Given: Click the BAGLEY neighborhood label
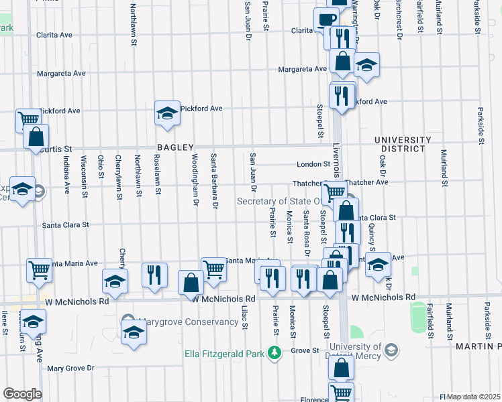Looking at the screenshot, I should [175, 147].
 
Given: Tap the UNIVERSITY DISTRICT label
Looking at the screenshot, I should [403, 144].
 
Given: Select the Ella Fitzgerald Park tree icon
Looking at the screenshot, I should [274, 352].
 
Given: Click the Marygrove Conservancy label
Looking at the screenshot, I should [190, 322].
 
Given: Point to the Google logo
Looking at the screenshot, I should [22, 394].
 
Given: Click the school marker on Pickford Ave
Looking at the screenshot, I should [166, 113].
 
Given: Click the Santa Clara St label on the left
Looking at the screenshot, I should [66, 226].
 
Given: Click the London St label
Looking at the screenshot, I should [313, 164].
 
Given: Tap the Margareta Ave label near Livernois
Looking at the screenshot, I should [303, 69].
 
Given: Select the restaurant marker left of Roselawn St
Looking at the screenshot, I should [155, 275].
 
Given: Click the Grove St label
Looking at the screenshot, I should [304, 350].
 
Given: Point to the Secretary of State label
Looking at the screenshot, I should [289, 201].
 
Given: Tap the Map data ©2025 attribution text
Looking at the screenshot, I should [474, 397].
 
